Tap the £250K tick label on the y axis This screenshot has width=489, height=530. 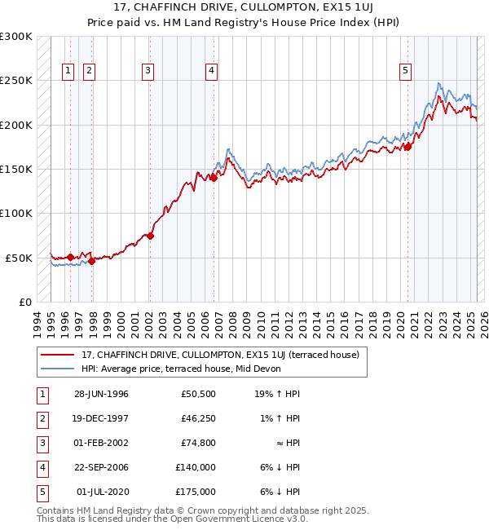click(x=16, y=81)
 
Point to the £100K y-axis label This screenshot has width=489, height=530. click(x=16, y=213)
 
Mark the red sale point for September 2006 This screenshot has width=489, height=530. click(x=214, y=178)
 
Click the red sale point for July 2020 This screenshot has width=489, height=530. click(x=408, y=147)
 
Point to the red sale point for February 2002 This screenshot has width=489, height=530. click(x=150, y=236)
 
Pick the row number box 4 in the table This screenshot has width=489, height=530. click(x=41, y=467)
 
